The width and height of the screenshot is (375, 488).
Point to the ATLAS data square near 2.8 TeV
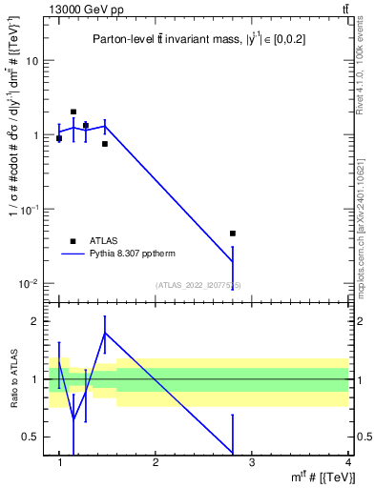point(233,234)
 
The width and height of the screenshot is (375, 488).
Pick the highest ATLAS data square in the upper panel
point(73,112)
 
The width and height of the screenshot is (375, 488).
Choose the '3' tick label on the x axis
point(252,462)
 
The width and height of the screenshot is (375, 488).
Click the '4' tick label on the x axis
point(347,462)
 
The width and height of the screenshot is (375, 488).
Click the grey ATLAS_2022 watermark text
point(198,285)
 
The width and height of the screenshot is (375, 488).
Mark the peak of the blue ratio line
point(105,333)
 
